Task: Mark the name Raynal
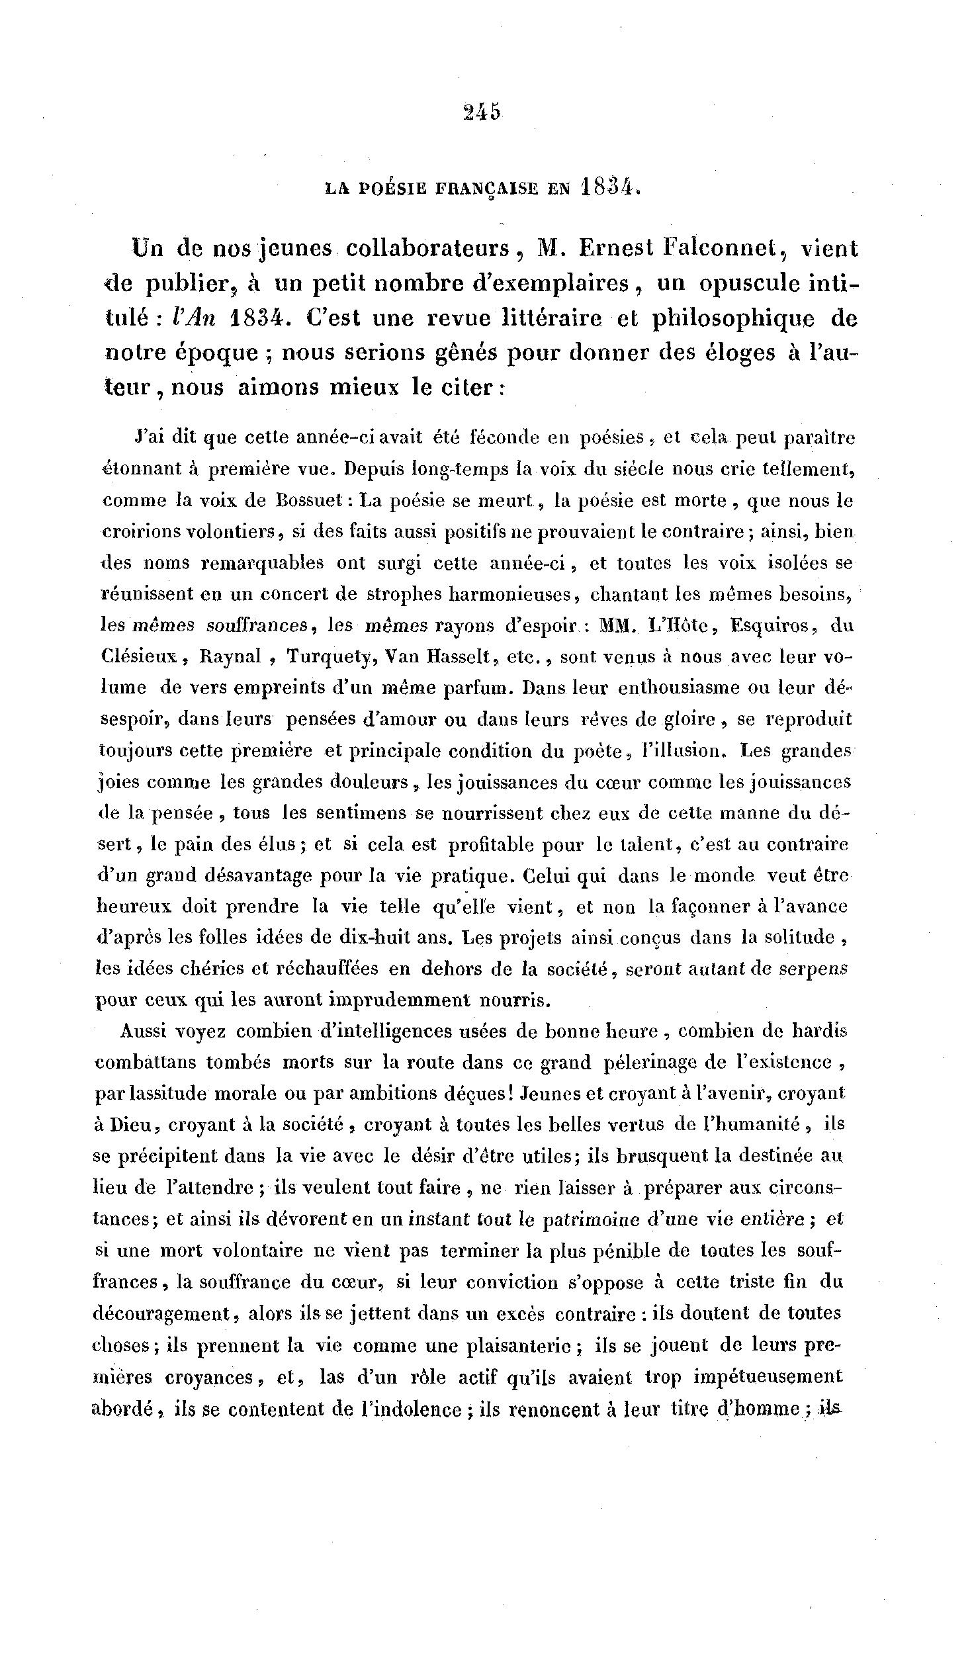(x=231, y=656)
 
